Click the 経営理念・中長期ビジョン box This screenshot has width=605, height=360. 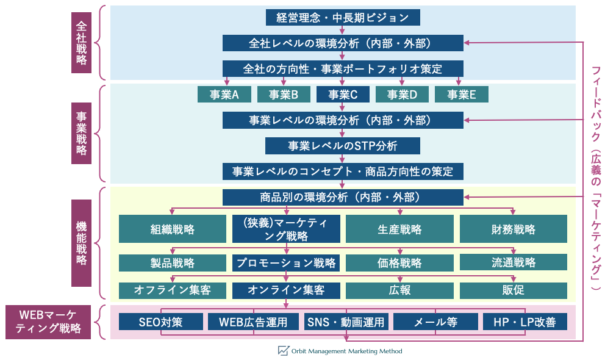coord(343,17)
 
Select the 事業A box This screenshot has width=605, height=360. coord(224,95)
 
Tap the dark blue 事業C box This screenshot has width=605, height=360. coord(342,95)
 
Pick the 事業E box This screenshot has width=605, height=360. coord(461,95)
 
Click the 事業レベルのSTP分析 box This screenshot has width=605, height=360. coord(343,146)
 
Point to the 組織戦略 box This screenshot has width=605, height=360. coord(173,229)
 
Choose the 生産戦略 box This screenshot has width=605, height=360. coord(399,229)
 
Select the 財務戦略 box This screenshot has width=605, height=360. coord(513,229)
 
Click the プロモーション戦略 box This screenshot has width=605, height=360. coord(286,263)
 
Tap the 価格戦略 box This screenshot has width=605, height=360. coord(399,263)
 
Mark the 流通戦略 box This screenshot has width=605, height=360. coord(513,262)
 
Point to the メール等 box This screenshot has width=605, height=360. coord(435,322)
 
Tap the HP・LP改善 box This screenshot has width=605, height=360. coord(524,322)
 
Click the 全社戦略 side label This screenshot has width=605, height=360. coord(81,43)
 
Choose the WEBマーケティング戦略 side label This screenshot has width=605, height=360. coord(49,322)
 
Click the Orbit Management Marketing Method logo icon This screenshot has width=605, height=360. coord(283,351)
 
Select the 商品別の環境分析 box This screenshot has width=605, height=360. coord(343,197)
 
